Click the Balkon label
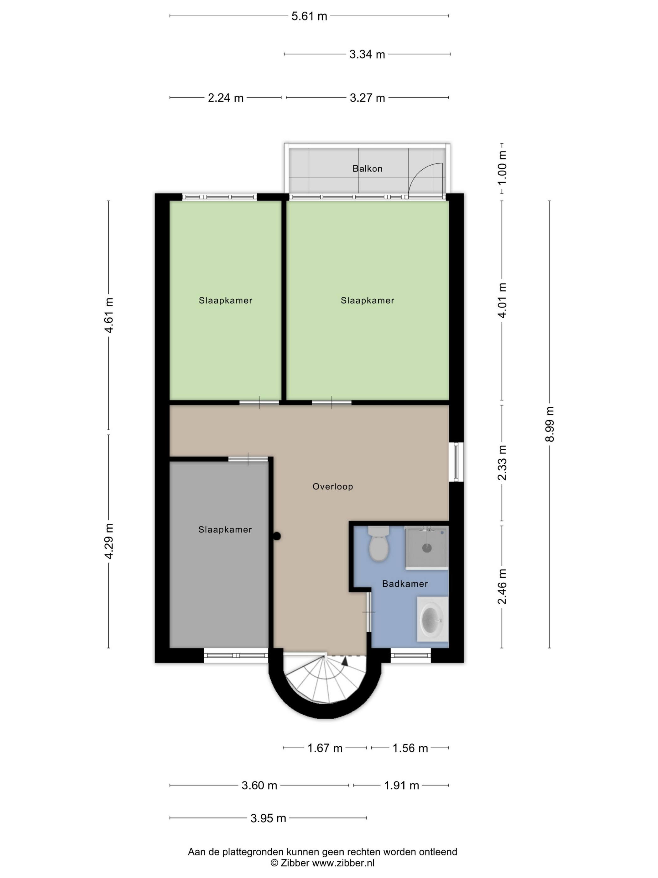pos(367,169)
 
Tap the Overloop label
pos(332,486)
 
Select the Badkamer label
pos(405,584)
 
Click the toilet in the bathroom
pos(379,543)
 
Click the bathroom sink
pos(432,619)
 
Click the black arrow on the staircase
pos(344,660)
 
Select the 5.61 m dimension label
pos(309,16)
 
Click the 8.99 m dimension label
pos(549,424)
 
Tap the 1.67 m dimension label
pos(325,748)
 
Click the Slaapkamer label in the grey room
pos(225,530)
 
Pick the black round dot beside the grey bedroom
pos(277,536)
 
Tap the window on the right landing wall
pos(456,462)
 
